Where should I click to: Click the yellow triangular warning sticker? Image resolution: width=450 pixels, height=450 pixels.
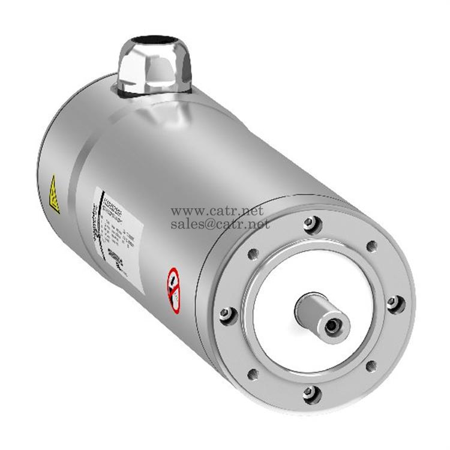tap(55, 194)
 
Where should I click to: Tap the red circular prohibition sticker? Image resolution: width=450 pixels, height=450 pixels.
tap(173, 289)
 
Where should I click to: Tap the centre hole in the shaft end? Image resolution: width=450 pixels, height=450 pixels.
tap(332, 325)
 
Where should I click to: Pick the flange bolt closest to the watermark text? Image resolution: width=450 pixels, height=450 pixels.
tap(310, 224)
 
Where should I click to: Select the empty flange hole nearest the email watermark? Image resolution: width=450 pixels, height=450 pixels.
tap(253, 253)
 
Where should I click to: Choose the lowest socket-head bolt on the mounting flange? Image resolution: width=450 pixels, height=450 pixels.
tap(309, 392)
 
